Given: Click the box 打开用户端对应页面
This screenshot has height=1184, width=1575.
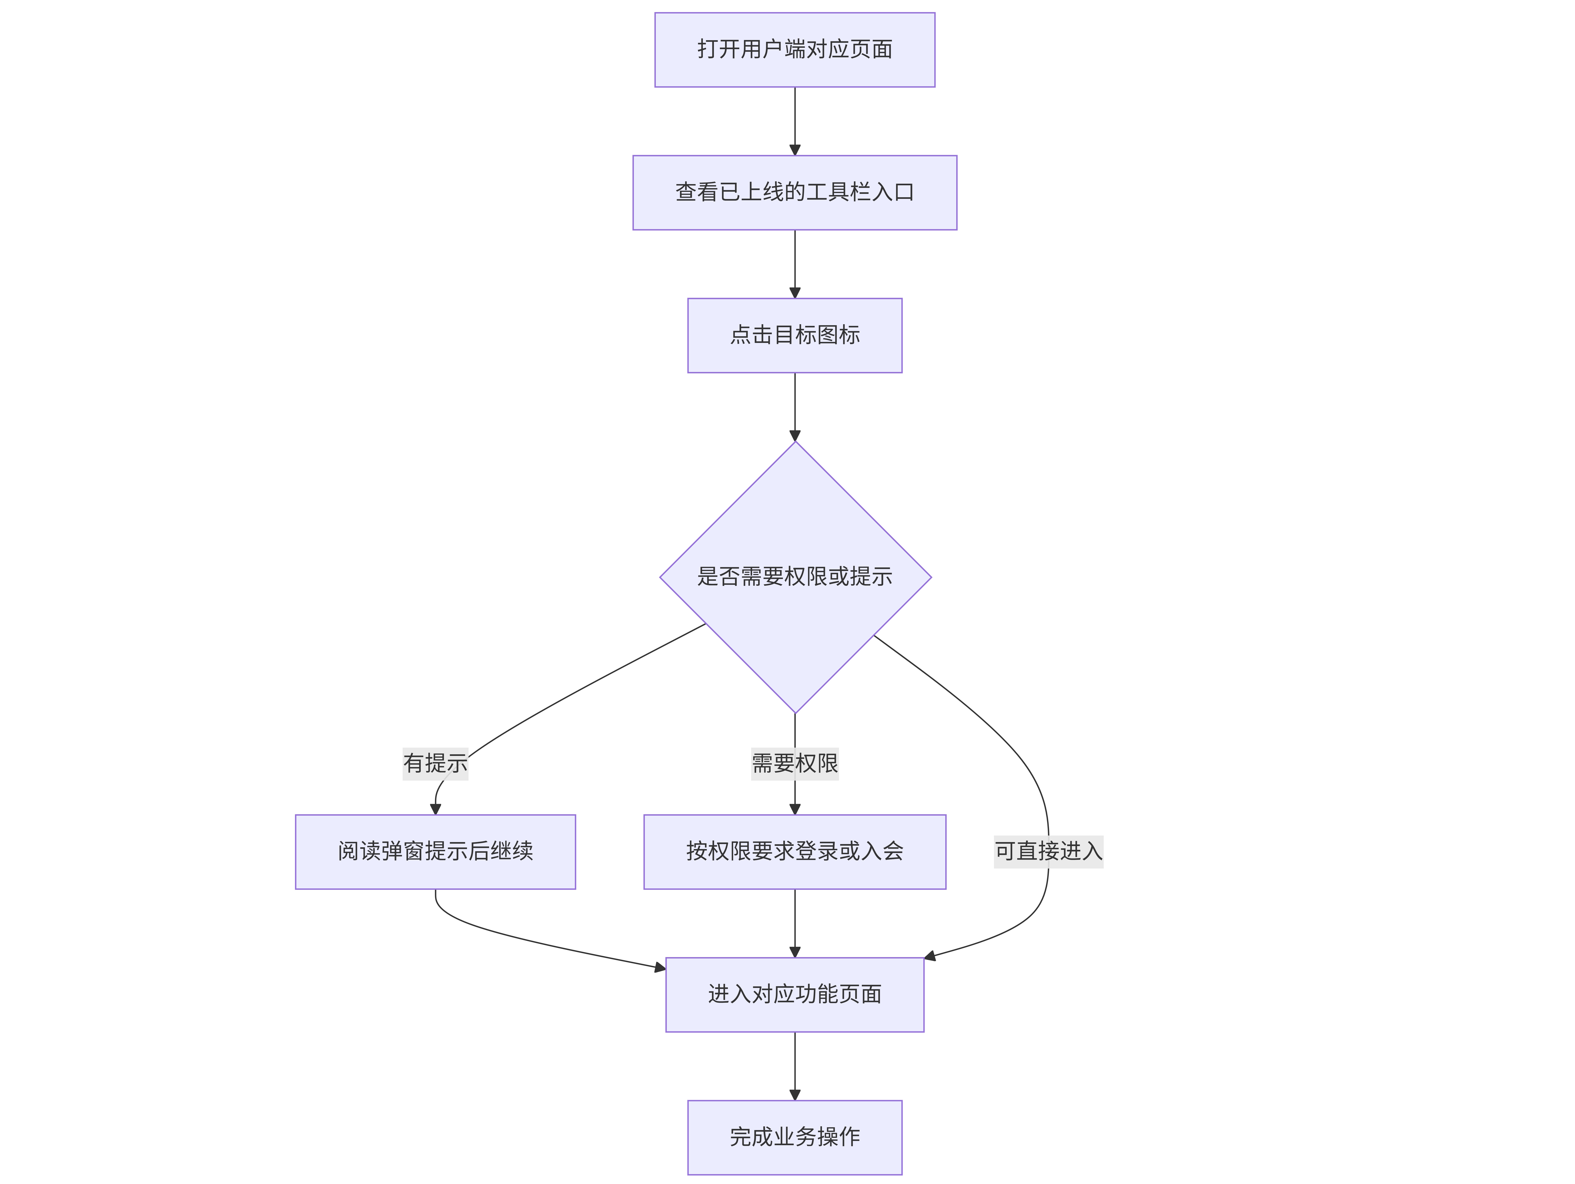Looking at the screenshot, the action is (x=795, y=50).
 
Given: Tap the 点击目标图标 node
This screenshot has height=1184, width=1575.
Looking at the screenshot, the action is (x=795, y=335).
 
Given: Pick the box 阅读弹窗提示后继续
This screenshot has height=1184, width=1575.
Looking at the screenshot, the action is (x=435, y=851).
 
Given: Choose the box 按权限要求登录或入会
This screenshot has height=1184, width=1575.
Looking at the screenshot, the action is (x=795, y=851).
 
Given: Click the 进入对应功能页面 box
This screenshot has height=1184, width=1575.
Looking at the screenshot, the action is (x=795, y=995).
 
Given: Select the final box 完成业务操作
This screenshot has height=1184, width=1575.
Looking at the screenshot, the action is (x=795, y=1137).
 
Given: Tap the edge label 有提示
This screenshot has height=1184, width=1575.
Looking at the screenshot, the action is (x=435, y=764).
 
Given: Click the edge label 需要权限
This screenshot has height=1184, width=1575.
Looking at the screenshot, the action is (x=795, y=764).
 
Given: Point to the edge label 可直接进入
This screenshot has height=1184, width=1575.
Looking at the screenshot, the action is (x=1048, y=851).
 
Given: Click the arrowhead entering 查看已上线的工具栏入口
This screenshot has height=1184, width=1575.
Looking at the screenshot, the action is (x=795, y=150).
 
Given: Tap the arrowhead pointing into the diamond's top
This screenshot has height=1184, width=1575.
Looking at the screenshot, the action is (x=795, y=436).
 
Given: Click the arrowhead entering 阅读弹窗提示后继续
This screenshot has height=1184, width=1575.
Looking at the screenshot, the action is (x=435, y=809).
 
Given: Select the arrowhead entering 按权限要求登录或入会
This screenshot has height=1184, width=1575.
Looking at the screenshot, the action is (x=795, y=809).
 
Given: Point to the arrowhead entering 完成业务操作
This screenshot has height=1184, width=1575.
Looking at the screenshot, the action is (x=795, y=1095).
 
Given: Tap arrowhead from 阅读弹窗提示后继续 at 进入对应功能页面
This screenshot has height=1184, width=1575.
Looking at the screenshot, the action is (x=660, y=967).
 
